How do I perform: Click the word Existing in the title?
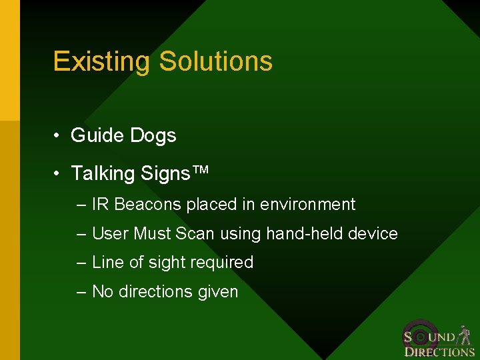[102, 61]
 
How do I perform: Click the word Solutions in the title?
[215, 61]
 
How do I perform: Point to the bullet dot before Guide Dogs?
[59, 136]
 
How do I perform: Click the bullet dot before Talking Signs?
[59, 174]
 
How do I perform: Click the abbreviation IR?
[101, 205]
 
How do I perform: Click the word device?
[374, 234]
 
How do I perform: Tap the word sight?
[165, 263]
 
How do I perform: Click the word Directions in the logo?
[439, 351]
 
